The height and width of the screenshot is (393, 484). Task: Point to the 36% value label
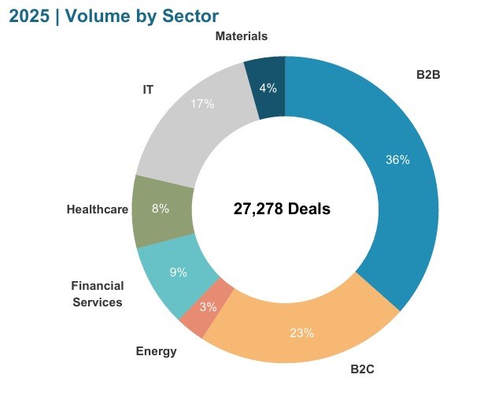click(x=397, y=160)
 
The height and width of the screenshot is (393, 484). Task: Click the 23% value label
click(x=301, y=333)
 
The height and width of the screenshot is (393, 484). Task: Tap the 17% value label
click(x=202, y=104)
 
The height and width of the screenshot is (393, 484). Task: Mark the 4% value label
click(x=268, y=88)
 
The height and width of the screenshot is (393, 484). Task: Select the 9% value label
click(x=178, y=273)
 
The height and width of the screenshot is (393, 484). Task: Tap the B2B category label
click(x=427, y=75)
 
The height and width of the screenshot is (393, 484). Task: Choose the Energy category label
click(x=156, y=351)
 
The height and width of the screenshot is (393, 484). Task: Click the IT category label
click(x=148, y=89)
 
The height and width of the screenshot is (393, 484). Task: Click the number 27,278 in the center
click(x=257, y=209)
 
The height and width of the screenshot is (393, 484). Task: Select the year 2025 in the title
click(x=28, y=16)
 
